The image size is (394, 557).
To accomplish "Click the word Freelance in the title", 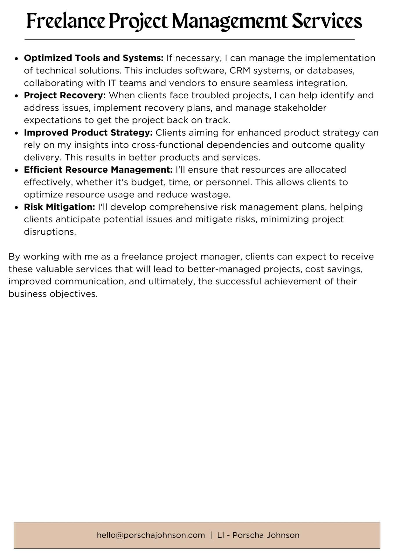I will point(66,21).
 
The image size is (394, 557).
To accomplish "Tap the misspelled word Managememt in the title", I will point(229,21).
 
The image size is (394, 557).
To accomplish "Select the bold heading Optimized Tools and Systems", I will point(93,58).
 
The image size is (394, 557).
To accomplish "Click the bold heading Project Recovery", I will point(65,95).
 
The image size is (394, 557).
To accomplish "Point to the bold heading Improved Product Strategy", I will point(88,133).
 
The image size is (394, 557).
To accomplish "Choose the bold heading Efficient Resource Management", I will point(98,170).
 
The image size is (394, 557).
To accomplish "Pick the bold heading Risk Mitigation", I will point(60,207).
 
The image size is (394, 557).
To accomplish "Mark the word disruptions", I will point(50,232).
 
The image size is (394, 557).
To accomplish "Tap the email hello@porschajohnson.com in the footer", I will point(151,535).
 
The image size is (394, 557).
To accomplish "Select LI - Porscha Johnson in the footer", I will point(258,535).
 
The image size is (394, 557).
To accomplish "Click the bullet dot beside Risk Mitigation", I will point(17,207).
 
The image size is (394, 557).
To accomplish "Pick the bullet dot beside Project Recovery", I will point(17,96).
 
